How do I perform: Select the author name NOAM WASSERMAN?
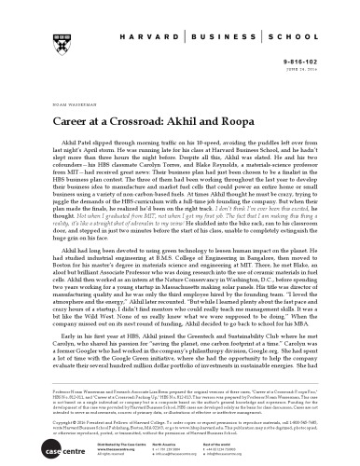pos(64,91)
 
